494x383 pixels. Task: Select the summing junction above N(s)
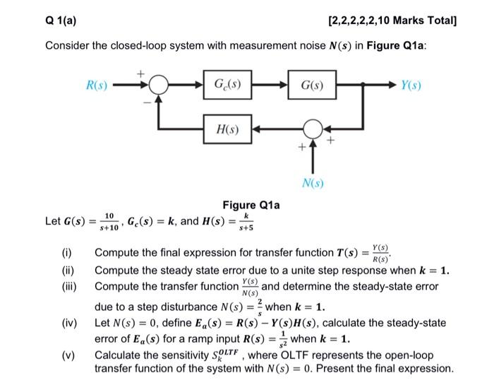pos(312,131)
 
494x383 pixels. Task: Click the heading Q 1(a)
pos(61,22)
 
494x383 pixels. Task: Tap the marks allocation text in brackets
pos(392,22)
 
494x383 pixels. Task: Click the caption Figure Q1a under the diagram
pos(251,205)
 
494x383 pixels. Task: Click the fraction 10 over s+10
pos(109,220)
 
